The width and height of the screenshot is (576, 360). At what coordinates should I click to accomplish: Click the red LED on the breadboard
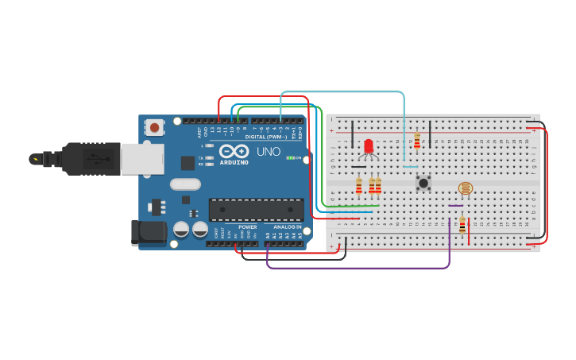click(369, 146)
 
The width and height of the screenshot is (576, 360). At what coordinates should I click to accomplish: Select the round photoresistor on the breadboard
click(466, 188)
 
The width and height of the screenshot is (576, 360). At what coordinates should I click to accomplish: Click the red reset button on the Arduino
click(154, 126)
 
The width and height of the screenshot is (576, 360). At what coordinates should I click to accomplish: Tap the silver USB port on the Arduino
click(142, 158)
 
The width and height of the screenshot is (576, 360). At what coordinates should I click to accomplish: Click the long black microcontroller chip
click(256, 210)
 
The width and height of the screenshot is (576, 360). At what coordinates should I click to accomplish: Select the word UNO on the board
click(269, 152)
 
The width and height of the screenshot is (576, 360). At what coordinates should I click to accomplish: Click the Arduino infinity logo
click(234, 151)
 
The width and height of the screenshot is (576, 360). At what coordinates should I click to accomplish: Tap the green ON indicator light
click(290, 158)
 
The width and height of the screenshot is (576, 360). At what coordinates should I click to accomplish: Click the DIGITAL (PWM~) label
click(266, 137)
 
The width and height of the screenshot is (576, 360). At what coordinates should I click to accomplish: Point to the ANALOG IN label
click(287, 227)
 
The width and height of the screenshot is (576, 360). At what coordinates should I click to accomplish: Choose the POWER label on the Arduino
click(247, 227)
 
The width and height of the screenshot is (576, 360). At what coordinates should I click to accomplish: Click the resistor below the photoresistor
click(462, 226)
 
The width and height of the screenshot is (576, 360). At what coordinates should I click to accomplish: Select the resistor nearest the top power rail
click(417, 141)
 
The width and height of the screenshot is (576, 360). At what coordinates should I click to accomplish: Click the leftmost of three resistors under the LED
click(359, 186)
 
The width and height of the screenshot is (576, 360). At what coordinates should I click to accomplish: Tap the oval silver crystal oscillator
click(185, 184)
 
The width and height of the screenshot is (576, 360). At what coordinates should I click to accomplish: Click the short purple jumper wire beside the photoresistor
click(455, 206)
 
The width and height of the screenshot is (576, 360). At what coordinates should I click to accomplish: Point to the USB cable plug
click(87, 158)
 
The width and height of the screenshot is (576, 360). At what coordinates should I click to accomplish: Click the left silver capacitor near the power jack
click(181, 229)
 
